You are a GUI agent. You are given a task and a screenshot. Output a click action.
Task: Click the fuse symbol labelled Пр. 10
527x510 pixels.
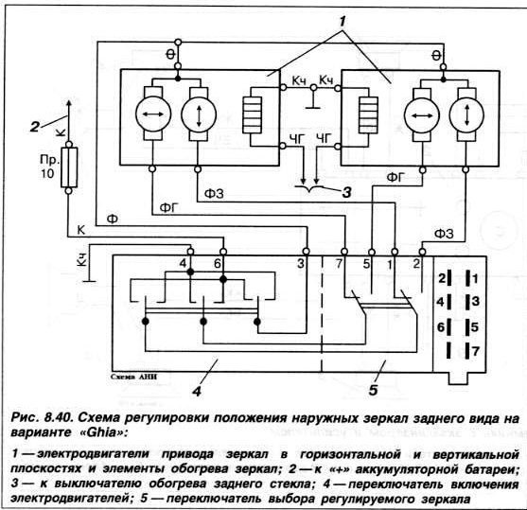[69, 167]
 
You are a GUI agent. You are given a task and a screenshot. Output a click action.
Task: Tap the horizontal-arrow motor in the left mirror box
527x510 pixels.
[153, 114]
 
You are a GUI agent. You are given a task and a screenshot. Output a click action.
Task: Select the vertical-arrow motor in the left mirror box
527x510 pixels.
[199, 114]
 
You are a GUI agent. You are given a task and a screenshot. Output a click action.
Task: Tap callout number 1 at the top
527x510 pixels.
[342, 23]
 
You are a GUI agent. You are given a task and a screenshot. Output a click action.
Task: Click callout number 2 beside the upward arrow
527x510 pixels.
[35, 128]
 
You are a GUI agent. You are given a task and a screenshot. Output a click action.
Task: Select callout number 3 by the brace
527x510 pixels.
[346, 193]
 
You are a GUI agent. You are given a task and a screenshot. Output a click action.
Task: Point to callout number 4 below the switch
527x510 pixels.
[198, 392]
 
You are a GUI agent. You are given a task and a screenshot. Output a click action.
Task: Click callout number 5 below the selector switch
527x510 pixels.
[374, 390]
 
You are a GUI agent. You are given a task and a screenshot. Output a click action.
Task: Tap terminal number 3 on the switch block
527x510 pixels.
[301, 264]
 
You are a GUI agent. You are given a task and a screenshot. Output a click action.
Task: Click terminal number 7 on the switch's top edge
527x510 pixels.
[339, 264]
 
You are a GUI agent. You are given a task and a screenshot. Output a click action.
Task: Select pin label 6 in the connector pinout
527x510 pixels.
[441, 326]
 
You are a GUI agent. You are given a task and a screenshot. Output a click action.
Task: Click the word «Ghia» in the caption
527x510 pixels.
[104, 432]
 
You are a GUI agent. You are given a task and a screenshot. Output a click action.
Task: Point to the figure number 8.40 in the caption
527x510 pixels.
[57, 418]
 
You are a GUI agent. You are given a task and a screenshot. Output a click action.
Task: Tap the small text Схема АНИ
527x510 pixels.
[133, 377]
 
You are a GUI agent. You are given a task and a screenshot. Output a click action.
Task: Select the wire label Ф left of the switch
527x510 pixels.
[113, 219]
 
